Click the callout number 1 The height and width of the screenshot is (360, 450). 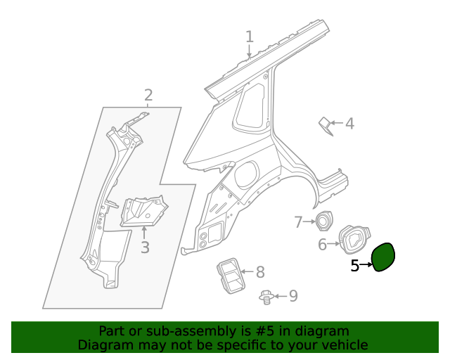(x=249, y=37)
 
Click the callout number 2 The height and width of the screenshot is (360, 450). (x=148, y=96)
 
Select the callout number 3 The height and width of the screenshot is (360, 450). (x=145, y=247)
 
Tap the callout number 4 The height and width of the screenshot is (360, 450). (x=349, y=124)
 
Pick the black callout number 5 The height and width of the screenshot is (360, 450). (x=354, y=265)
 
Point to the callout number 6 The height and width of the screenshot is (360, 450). (x=322, y=245)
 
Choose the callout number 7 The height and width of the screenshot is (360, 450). (x=297, y=222)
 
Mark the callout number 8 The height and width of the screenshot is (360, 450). (x=259, y=271)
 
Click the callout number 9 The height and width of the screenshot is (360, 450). (x=292, y=296)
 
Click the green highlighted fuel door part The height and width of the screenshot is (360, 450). (x=383, y=257)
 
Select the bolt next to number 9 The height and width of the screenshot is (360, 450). (x=266, y=297)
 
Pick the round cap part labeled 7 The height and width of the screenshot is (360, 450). (x=323, y=220)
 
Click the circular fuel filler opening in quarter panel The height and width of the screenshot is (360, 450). (x=247, y=174)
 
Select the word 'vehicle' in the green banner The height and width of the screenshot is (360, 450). (x=344, y=345)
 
